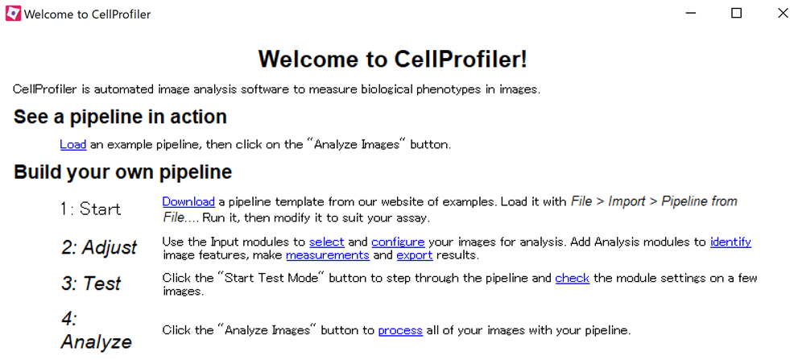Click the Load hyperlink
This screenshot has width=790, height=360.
click(x=72, y=145)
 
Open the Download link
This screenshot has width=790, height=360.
click(x=188, y=201)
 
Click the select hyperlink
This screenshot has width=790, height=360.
click(x=326, y=242)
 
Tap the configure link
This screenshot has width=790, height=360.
click(x=398, y=242)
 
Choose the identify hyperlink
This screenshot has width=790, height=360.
click(x=730, y=242)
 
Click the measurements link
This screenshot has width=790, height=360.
click(x=327, y=255)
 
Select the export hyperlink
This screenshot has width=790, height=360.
click(x=414, y=255)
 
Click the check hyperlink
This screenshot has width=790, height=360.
click(x=572, y=279)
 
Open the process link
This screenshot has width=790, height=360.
click(x=400, y=330)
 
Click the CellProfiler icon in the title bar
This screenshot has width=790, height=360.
click(x=13, y=14)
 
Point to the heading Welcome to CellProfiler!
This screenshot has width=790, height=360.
click(x=393, y=59)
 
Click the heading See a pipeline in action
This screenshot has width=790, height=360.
click(x=120, y=117)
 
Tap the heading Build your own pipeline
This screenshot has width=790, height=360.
click(x=122, y=172)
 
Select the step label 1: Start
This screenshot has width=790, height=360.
click(x=90, y=209)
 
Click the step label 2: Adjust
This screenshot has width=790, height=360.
click(x=99, y=247)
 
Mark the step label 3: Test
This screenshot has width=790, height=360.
click(x=91, y=283)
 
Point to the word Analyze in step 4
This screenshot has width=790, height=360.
click(x=96, y=341)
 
